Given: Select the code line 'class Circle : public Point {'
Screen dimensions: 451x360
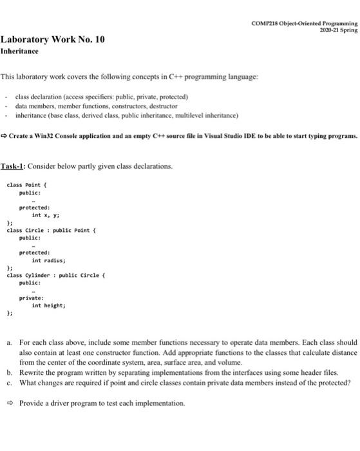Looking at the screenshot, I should (x=49, y=229).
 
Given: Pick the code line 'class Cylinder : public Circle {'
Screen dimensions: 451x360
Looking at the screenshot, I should (x=53, y=275).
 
